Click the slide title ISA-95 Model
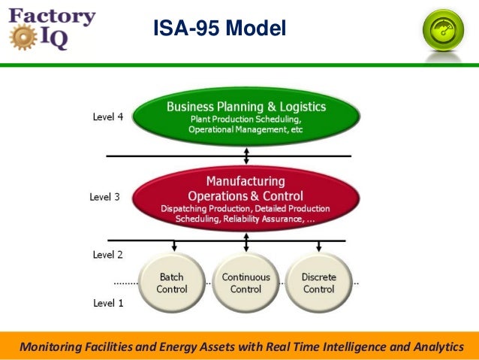click(219, 29)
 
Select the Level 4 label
click(107, 117)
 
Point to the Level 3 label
click(104, 197)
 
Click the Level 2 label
click(107, 255)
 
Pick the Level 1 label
click(107, 303)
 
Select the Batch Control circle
click(172, 283)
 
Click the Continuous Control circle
click(246, 283)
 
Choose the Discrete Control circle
click(318, 283)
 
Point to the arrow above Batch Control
click(173, 246)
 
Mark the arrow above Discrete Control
click(319, 246)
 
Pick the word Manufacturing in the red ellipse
click(246, 181)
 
